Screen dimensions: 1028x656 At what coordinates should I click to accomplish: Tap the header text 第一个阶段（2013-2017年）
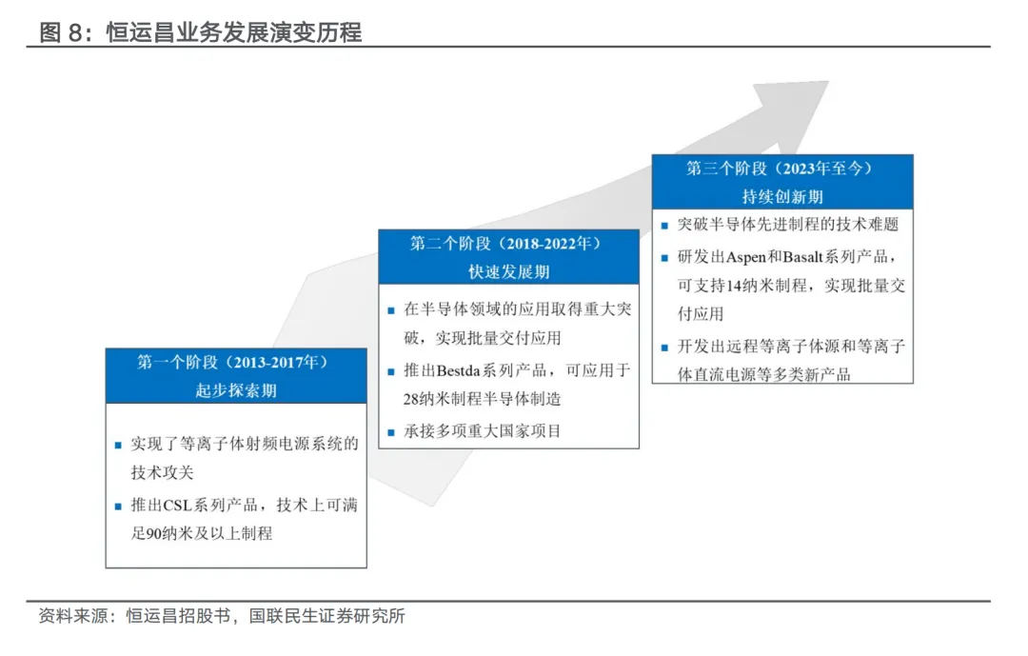(x=235, y=363)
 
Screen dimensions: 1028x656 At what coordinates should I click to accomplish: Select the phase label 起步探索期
(x=235, y=390)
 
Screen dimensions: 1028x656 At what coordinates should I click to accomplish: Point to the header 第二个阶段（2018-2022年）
(x=507, y=244)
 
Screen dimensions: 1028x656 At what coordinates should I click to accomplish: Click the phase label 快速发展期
(x=507, y=271)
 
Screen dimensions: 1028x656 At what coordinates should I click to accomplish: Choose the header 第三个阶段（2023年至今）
(x=781, y=169)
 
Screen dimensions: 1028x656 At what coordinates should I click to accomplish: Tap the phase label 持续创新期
(x=781, y=196)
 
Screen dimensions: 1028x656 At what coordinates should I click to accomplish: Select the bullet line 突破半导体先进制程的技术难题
(x=788, y=226)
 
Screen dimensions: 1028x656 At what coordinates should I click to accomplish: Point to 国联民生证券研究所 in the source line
(x=327, y=617)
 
